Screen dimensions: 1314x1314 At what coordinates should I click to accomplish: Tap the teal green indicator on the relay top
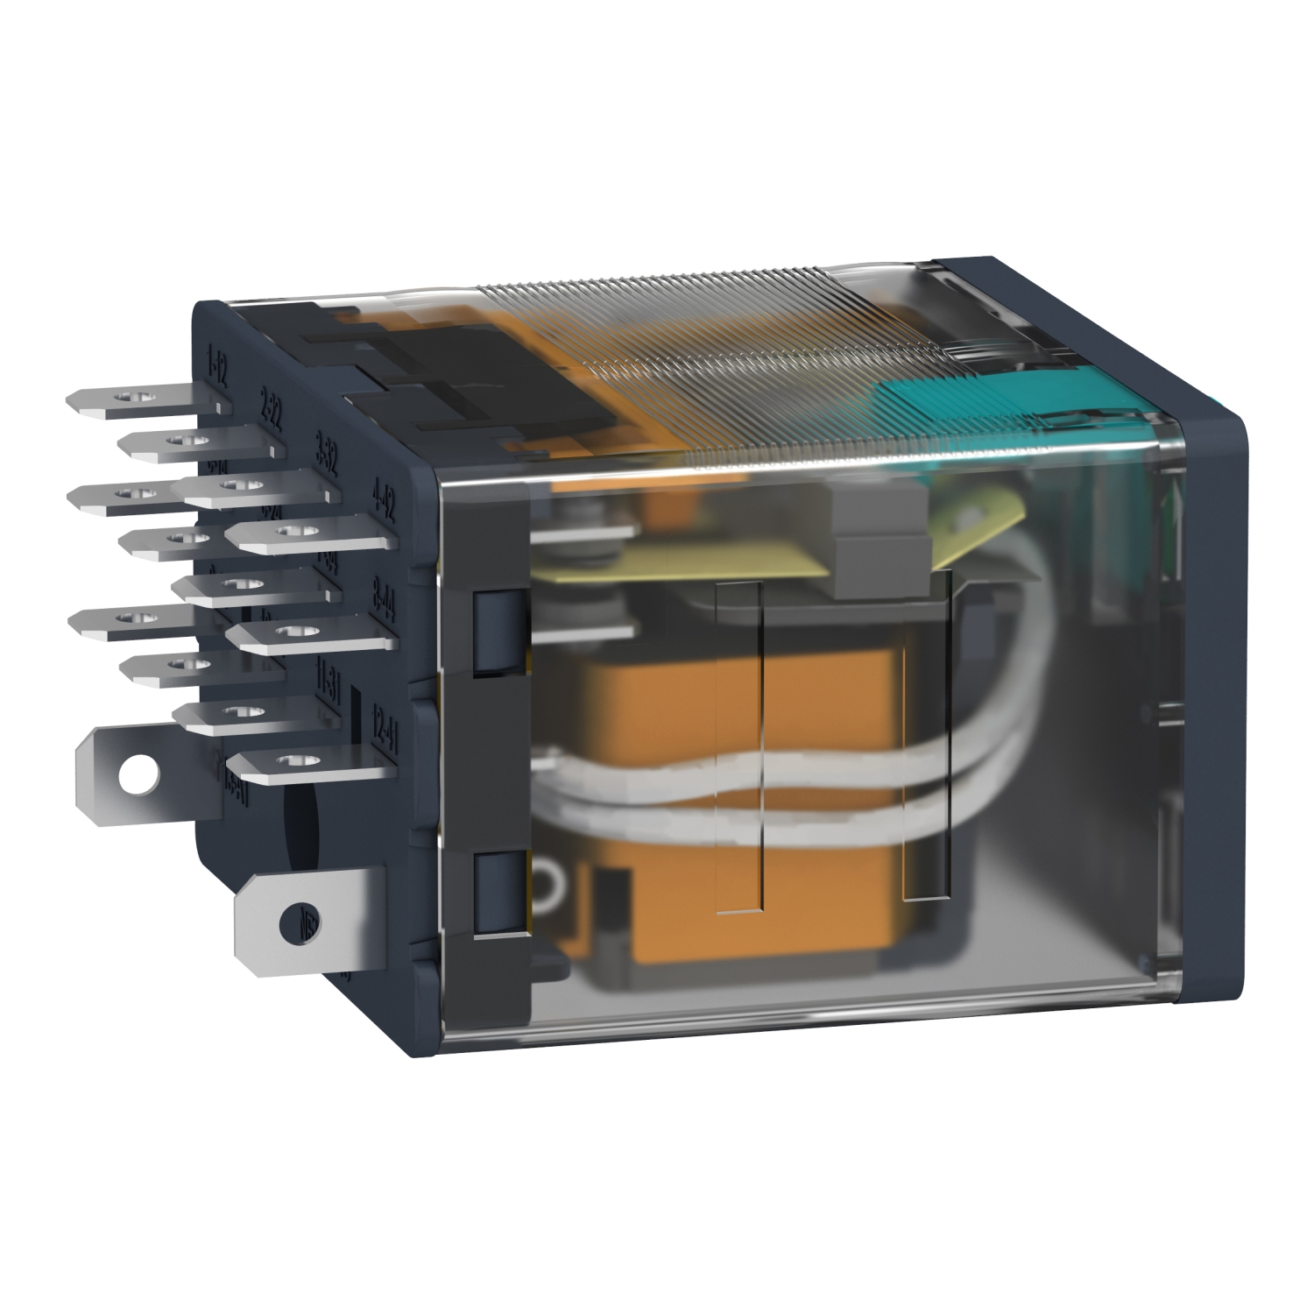[964, 394]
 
